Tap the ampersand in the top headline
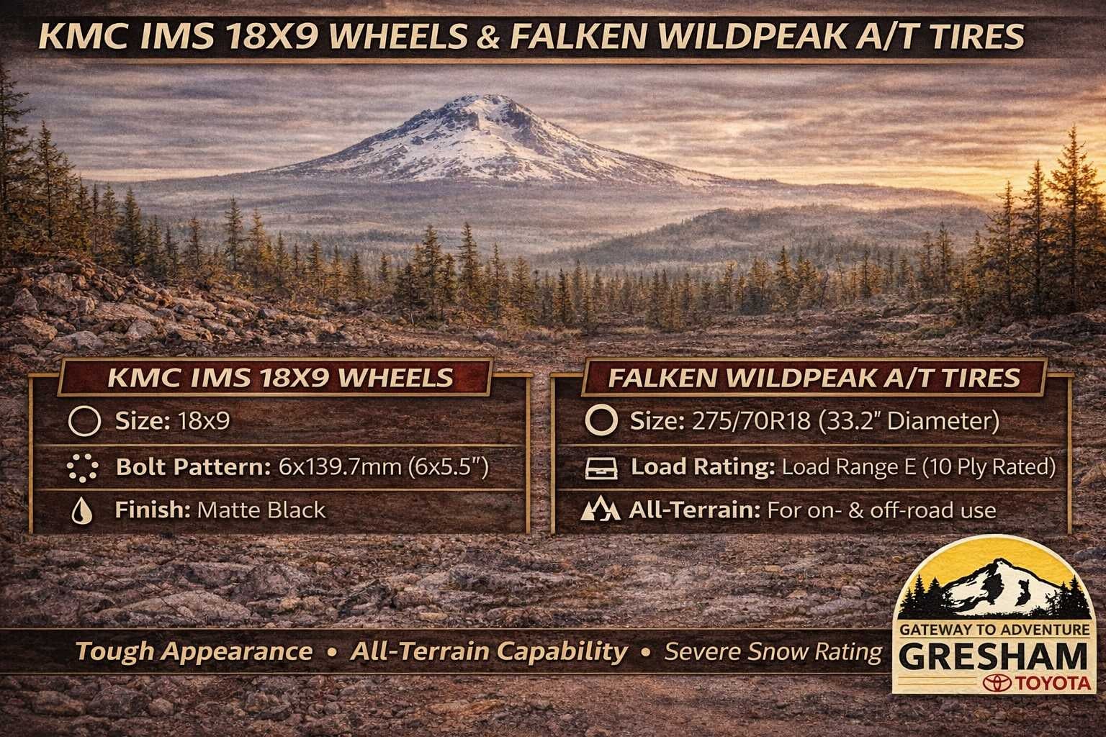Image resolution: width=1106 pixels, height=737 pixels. (x=488, y=37)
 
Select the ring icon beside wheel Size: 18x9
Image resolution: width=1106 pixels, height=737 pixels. (x=84, y=421)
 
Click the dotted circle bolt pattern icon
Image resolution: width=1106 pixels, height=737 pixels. (x=83, y=467)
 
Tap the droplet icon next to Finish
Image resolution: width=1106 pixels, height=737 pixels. (x=82, y=510)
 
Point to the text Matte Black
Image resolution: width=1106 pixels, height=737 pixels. (x=261, y=510)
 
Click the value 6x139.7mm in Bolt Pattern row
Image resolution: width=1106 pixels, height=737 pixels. (x=340, y=466)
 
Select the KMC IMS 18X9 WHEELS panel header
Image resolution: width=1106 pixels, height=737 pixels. (x=280, y=378)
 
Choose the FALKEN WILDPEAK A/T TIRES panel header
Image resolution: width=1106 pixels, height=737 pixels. (x=814, y=378)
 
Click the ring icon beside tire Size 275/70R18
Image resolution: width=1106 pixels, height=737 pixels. (x=601, y=421)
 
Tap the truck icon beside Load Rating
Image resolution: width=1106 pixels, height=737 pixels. (x=601, y=468)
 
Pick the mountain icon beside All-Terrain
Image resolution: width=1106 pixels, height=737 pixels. (x=600, y=510)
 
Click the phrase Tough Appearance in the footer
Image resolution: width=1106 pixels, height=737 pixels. (x=194, y=651)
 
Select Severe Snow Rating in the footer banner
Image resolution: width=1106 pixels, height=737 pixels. (x=773, y=651)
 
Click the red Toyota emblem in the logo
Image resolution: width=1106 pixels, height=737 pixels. (x=997, y=683)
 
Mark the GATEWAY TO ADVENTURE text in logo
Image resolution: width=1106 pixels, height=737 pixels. (x=994, y=629)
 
